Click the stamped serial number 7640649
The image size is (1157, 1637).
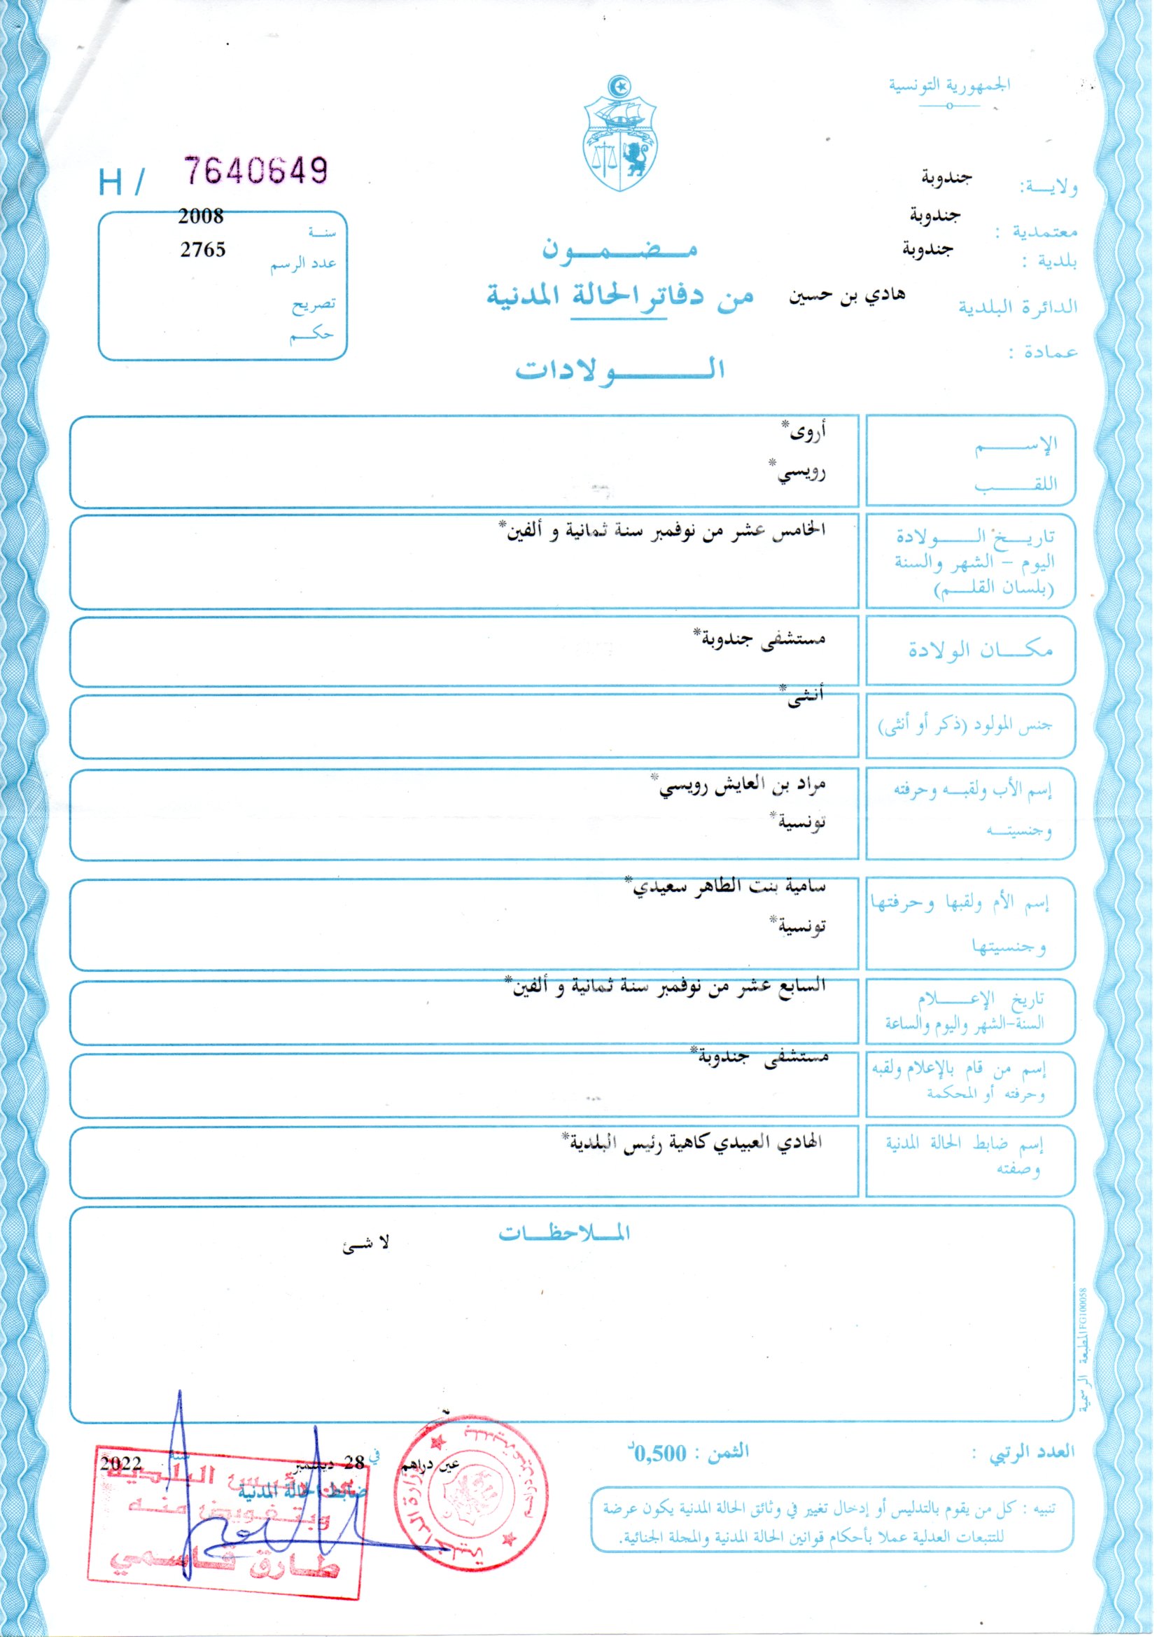(256, 171)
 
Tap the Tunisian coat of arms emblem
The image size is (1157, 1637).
(619, 135)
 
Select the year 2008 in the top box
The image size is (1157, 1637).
(201, 216)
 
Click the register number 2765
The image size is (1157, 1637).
(202, 249)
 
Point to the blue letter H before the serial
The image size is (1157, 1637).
(111, 183)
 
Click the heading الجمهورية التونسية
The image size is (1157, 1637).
(949, 85)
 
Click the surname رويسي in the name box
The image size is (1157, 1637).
(801, 472)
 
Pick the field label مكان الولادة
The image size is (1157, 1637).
(979, 650)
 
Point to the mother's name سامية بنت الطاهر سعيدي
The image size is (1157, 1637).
(729, 887)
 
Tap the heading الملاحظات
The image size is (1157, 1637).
(564, 1232)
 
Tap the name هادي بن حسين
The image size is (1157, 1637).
(846, 296)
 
